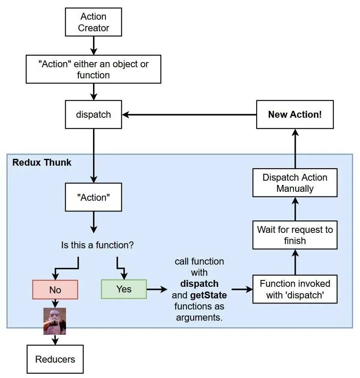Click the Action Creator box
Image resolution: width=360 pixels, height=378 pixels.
pos(93,23)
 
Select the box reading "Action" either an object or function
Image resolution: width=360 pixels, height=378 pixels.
pos(93,69)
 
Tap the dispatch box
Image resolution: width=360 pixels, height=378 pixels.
pos(93,115)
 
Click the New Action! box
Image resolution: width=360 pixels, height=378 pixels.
pos(295,115)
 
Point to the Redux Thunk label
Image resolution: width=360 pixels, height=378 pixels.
pos(42,163)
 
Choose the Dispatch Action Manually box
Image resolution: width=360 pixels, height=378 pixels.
pos(295,183)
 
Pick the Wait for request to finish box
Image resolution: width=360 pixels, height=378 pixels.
pos(295,235)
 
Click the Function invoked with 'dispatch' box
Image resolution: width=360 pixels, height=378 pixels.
pos(295,289)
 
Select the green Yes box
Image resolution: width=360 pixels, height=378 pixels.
pos(124,289)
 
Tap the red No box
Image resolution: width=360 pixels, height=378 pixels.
pos(55,290)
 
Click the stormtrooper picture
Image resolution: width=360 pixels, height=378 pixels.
pos(55,321)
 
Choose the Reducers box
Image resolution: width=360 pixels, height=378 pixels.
pos(55,359)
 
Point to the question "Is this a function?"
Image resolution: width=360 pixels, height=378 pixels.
pos(97,246)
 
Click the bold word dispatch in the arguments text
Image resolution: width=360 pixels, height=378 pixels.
pos(199,284)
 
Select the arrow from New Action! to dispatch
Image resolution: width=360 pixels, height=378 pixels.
pos(189,115)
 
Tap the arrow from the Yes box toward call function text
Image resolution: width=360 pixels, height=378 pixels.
pos(157,289)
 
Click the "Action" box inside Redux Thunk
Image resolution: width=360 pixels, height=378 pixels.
pos(93,197)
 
